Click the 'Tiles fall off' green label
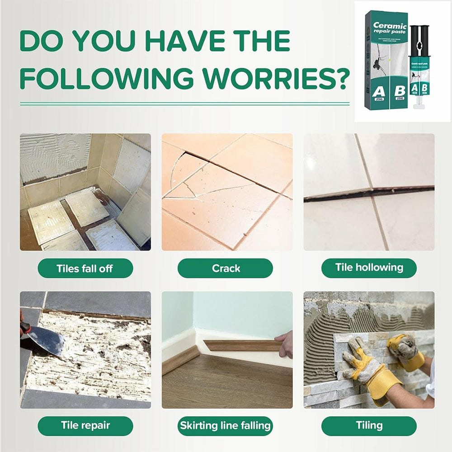click(x=85, y=268)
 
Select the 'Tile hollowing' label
click(x=369, y=268)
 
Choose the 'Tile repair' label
click(x=85, y=425)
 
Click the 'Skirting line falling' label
click(x=225, y=425)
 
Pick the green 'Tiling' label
click(x=369, y=425)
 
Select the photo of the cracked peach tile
click(x=227, y=192)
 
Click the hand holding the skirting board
click(x=285, y=344)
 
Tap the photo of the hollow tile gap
click(x=369, y=192)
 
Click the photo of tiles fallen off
click(x=85, y=192)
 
